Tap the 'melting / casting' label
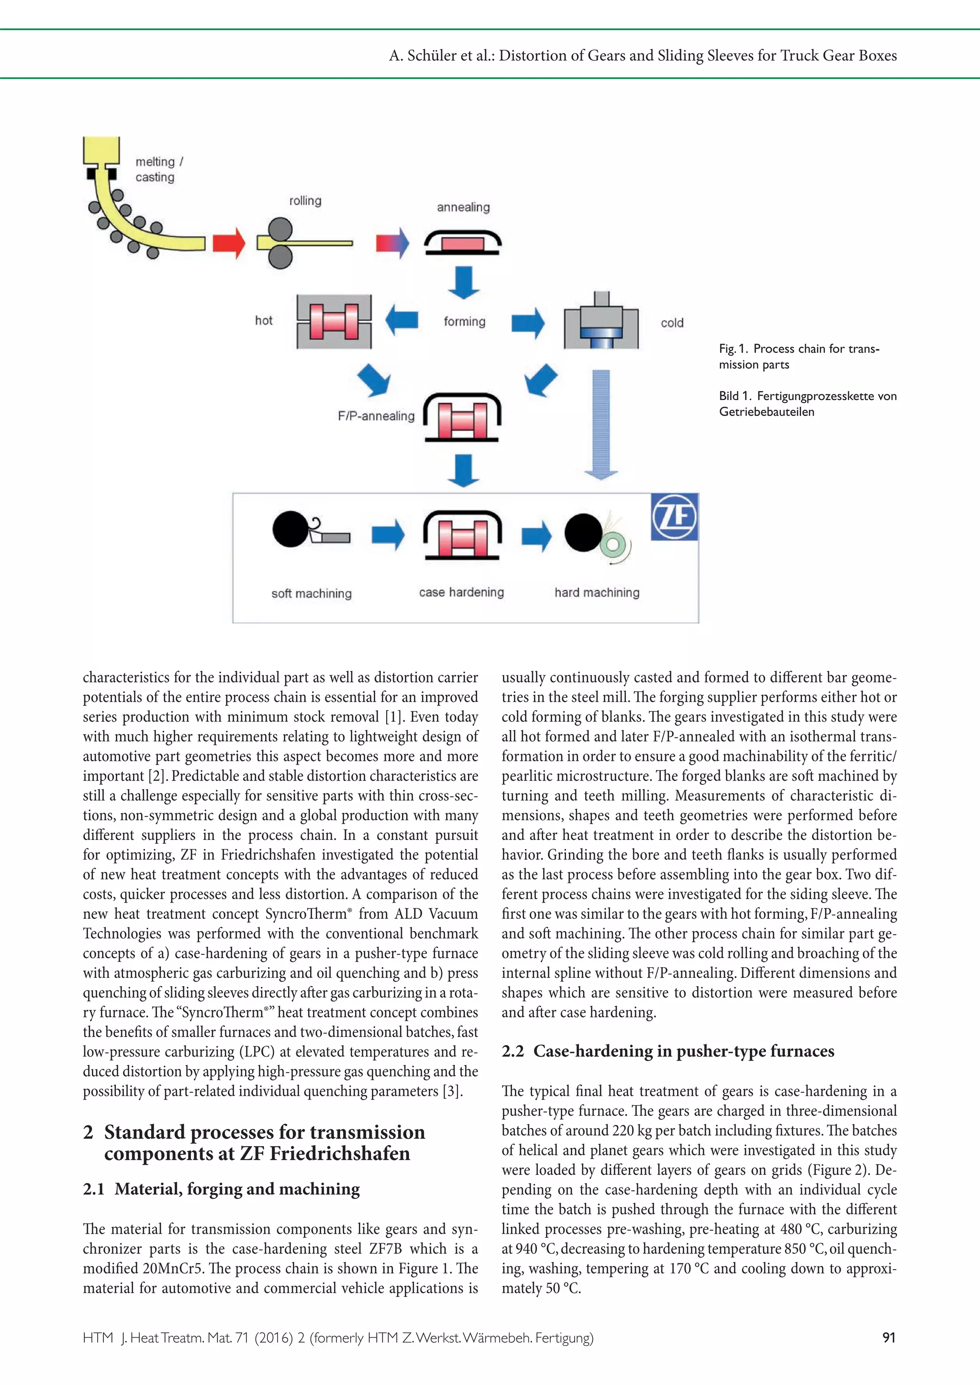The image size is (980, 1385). tap(159, 169)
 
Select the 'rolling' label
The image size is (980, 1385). tap(305, 201)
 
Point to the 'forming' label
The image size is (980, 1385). tap(464, 321)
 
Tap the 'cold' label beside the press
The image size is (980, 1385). tap(672, 323)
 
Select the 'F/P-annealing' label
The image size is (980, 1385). tap(376, 416)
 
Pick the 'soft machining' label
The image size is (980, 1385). tap(312, 593)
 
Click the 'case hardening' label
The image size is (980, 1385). tap(461, 592)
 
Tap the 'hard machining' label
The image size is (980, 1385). tap(597, 592)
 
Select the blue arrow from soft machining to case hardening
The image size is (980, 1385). tap(388, 534)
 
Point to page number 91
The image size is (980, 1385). tap(888, 1337)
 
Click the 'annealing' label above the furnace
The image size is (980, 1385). tap(463, 207)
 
